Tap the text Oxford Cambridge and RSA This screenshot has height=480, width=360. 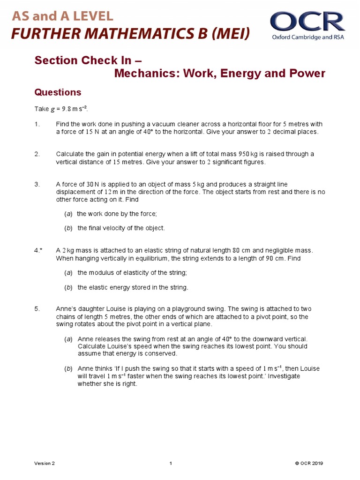308,37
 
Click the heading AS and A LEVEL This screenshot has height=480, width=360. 62,16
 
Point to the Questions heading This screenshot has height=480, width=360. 58,92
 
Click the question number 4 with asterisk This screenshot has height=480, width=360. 38,250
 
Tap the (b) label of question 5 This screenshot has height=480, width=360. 68,369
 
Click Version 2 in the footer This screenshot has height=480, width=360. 45,464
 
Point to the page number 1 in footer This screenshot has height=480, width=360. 171,464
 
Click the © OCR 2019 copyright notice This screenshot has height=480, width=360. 309,464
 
